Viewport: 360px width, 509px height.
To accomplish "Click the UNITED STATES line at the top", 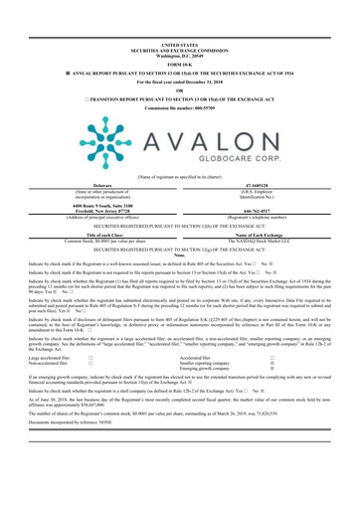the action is click(x=180, y=6).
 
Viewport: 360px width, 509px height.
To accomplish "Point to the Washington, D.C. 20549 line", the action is click(x=180, y=19).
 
